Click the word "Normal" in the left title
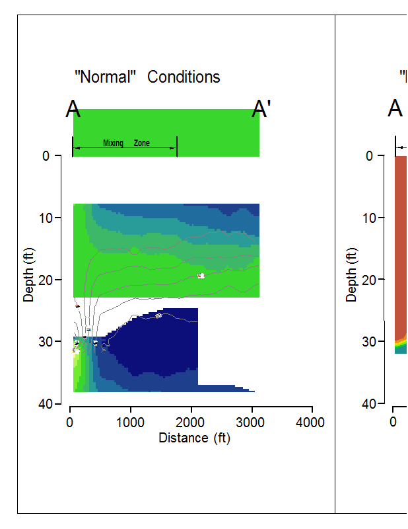(105, 77)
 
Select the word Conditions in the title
(184, 77)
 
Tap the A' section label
(261, 110)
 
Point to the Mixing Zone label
(126, 143)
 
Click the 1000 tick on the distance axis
(131, 423)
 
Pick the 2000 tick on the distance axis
(191, 423)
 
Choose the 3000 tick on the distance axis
(252, 423)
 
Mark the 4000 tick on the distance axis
(312, 423)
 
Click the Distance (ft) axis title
(194, 438)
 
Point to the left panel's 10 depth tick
(46, 218)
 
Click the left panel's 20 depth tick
(46, 280)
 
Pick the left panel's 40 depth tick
(46, 403)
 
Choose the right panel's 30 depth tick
(369, 341)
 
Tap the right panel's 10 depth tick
(369, 218)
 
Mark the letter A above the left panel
(73, 110)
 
